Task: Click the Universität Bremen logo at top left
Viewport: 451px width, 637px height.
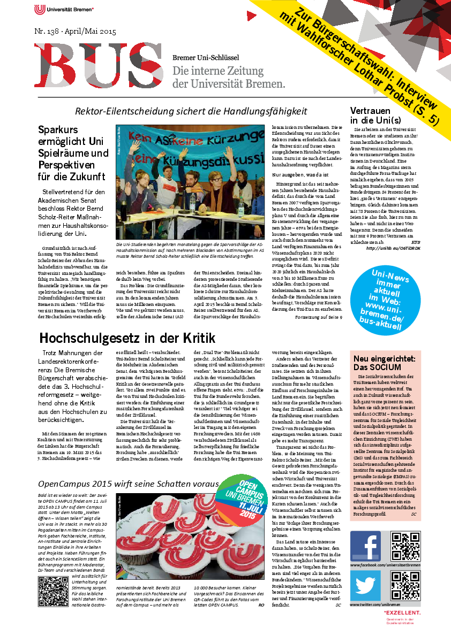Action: click(x=64, y=9)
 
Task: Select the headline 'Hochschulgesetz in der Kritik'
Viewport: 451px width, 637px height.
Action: click(x=127, y=338)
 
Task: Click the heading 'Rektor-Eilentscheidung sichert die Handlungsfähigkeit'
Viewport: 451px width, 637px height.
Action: click(x=191, y=111)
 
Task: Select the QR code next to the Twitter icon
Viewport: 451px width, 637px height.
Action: click(x=405, y=585)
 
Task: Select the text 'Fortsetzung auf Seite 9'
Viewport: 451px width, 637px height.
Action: click(x=319, y=317)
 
